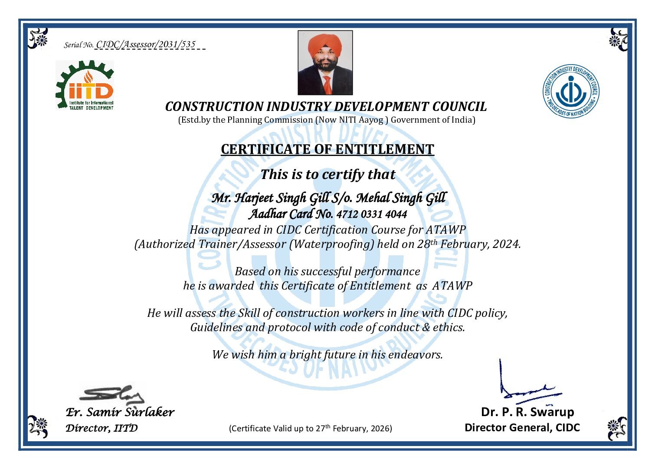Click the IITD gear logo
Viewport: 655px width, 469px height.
[x=85, y=85]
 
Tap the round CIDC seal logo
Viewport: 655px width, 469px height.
[x=571, y=92]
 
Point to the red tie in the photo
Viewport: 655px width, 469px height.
[x=327, y=85]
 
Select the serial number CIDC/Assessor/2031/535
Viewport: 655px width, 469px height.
[x=146, y=44]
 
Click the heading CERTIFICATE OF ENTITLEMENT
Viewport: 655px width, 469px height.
[x=327, y=150]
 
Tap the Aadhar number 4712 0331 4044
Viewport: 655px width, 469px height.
[x=372, y=214]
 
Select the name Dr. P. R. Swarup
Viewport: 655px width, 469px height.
[x=527, y=412]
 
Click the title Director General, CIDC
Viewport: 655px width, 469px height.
[x=522, y=428]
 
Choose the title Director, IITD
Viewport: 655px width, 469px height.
[x=102, y=428]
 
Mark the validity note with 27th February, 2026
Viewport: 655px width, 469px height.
[x=310, y=429]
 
